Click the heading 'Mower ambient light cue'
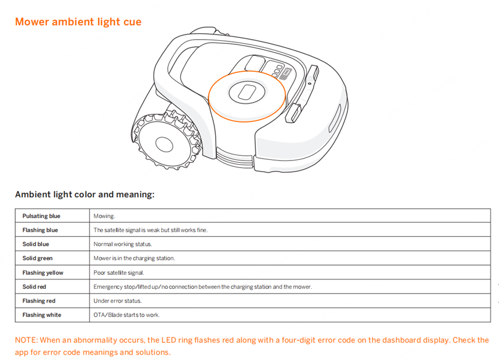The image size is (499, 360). (x=78, y=22)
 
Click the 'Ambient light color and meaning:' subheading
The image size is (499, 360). (x=85, y=195)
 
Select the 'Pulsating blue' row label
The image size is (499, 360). (x=41, y=216)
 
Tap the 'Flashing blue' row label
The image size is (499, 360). (x=40, y=230)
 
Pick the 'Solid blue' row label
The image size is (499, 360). (x=36, y=244)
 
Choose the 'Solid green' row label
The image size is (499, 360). (x=38, y=258)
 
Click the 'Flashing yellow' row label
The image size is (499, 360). (x=43, y=272)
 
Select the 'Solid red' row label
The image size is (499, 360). (x=34, y=286)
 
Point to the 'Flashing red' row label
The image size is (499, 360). (x=39, y=301)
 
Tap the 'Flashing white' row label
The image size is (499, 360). (x=42, y=315)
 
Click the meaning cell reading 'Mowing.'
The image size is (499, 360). (x=104, y=216)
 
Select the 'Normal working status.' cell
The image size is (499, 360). (x=122, y=244)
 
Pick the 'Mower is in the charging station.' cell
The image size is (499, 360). (x=134, y=258)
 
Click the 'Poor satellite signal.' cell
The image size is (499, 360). (x=119, y=272)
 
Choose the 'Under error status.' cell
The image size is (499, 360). (x=118, y=301)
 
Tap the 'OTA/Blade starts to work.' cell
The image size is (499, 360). (x=126, y=315)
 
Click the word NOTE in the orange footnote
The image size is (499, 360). (x=26, y=340)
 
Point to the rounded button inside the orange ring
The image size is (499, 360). (x=247, y=92)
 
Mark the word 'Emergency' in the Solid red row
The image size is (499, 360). (x=107, y=286)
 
